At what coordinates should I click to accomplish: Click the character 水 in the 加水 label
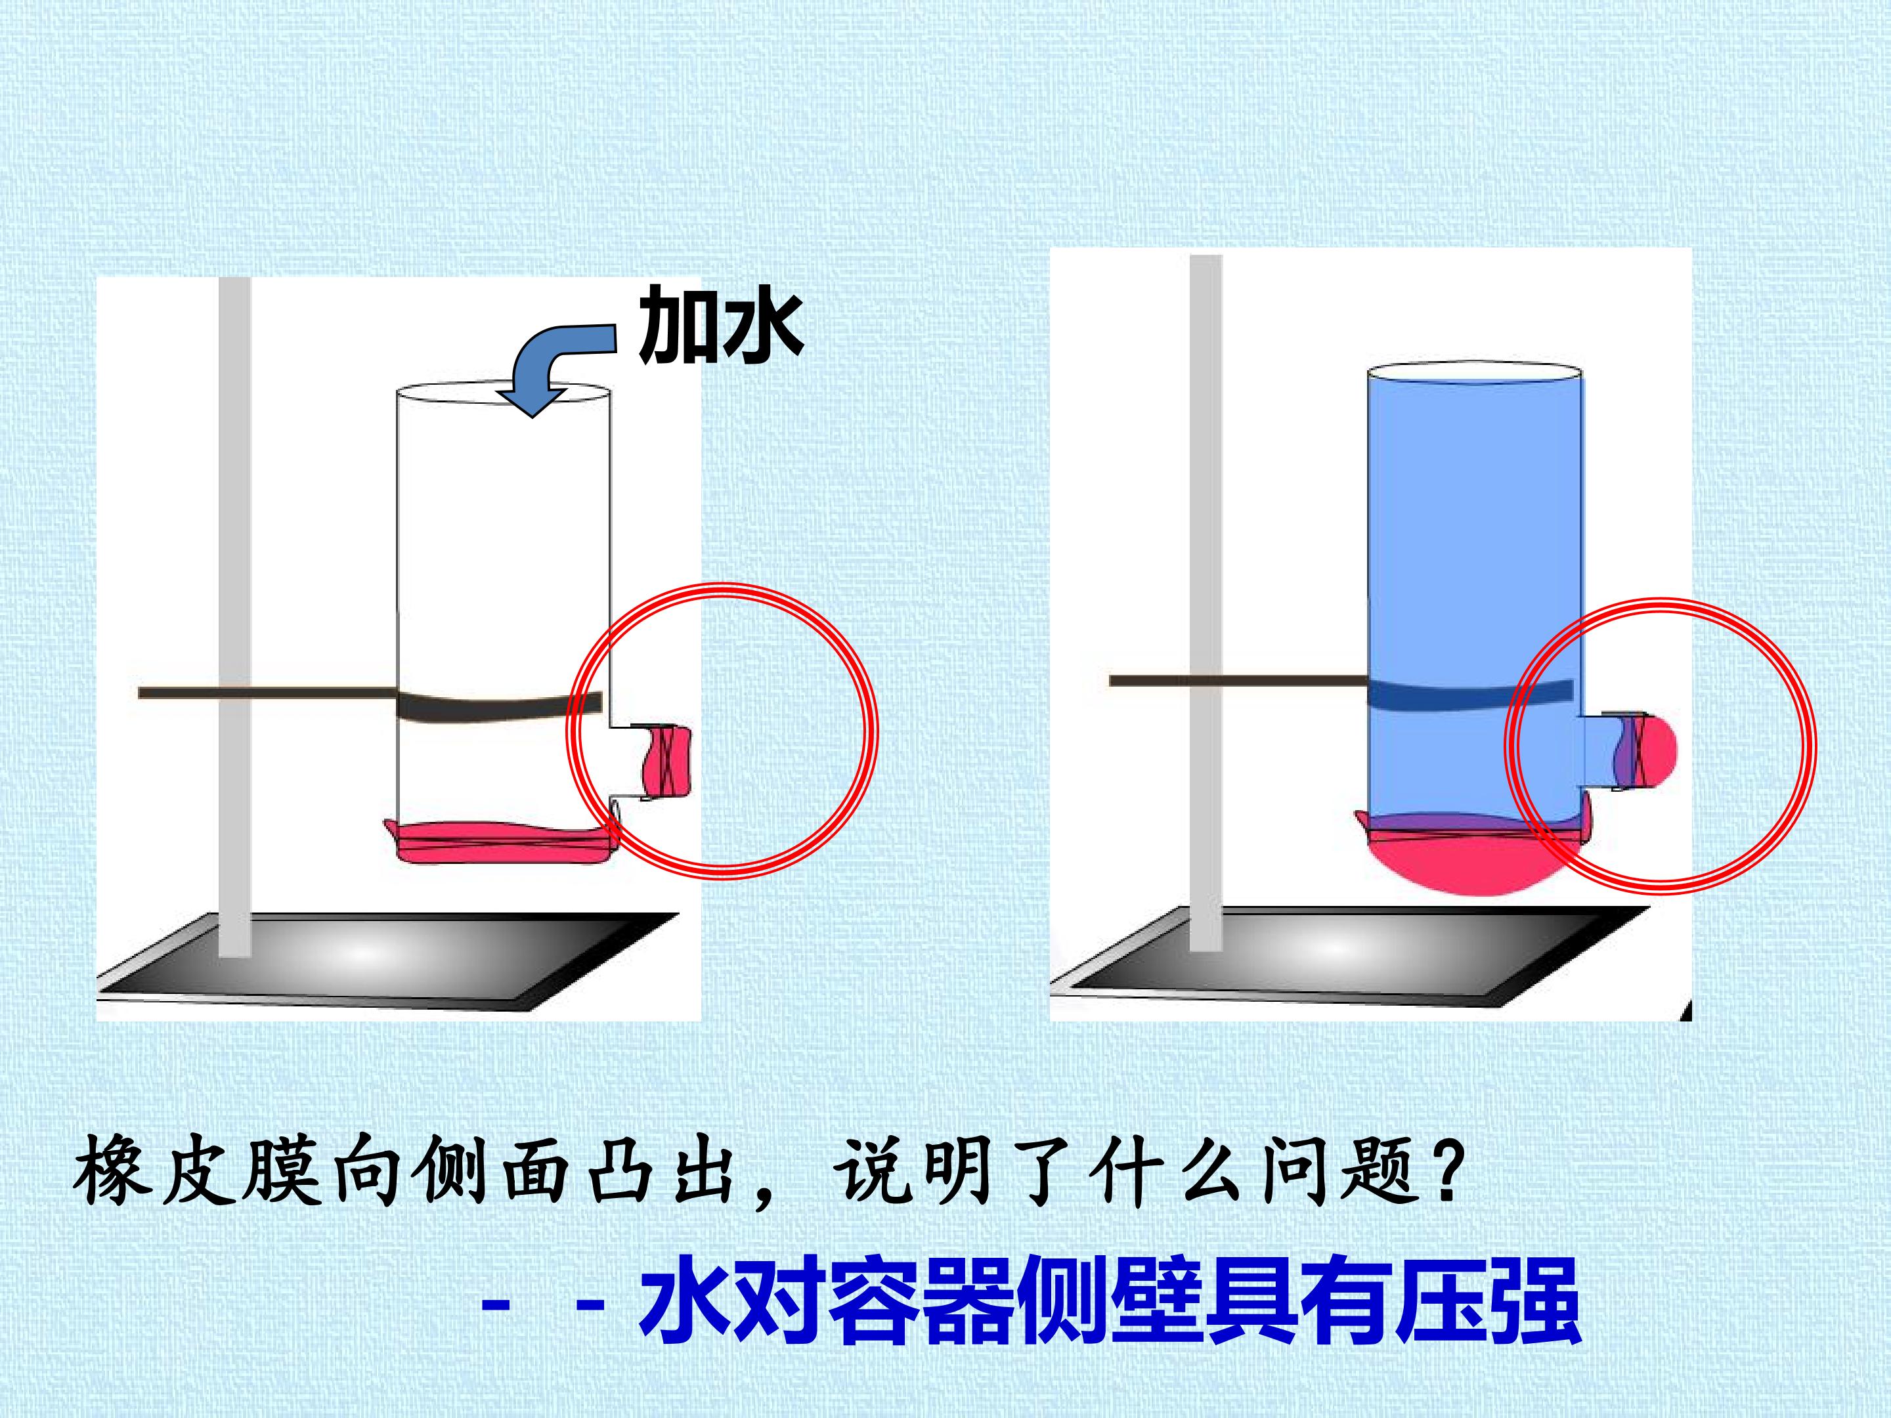pos(761,326)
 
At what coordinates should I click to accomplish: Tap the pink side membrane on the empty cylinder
pos(668,760)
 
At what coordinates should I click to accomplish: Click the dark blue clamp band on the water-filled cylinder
pos(1470,693)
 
